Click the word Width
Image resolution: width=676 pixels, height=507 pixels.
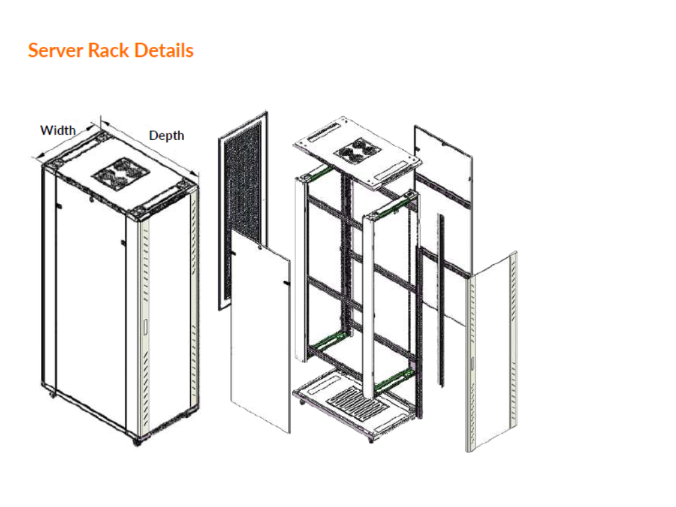[58, 130]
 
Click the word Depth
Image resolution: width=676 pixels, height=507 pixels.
[166, 135]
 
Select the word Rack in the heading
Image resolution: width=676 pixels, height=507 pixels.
[109, 51]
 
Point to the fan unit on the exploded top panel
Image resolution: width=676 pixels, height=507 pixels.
[358, 151]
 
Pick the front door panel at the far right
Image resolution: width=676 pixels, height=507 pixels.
[494, 350]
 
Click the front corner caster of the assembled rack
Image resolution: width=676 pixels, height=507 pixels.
[138, 440]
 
